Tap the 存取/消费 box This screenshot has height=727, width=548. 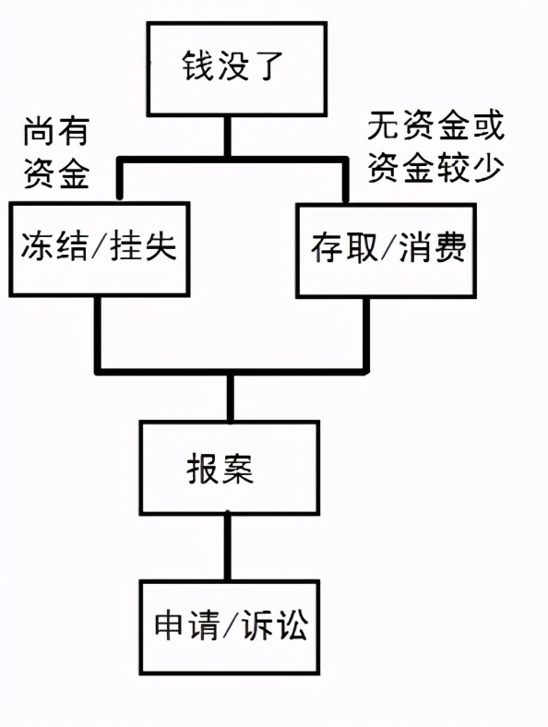pyautogui.click(x=387, y=248)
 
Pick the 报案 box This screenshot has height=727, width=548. pyautogui.click(x=231, y=468)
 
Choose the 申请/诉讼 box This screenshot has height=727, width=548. pyautogui.click(x=231, y=625)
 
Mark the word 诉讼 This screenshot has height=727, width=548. pyautogui.click(x=276, y=626)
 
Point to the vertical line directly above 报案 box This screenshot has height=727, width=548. pyautogui.click(x=231, y=397)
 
